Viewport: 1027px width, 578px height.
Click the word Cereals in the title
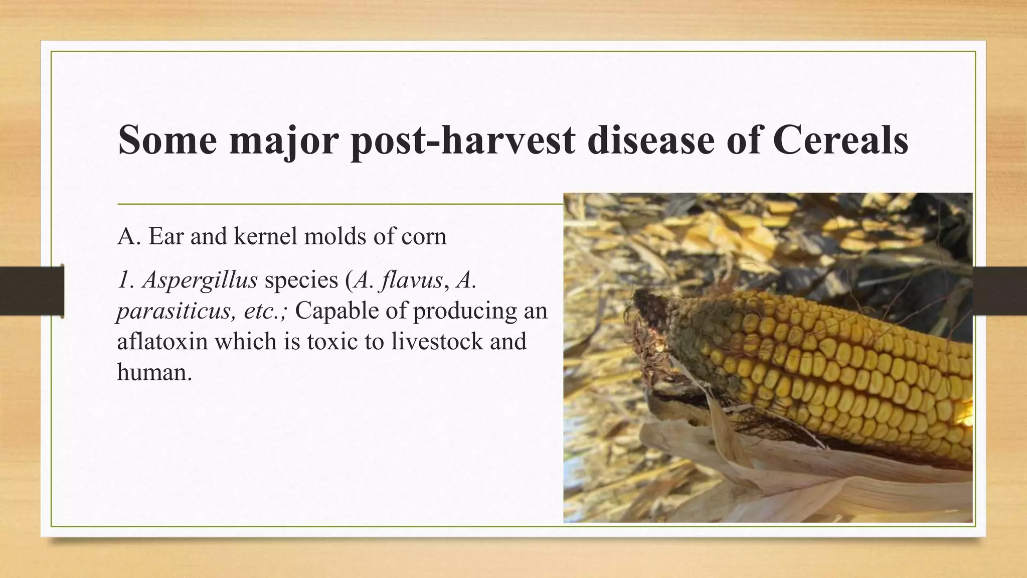click(840, 140)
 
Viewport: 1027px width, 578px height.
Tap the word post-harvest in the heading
click(462, 140)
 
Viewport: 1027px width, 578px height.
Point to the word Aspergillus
click(200, 280)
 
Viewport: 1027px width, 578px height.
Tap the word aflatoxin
click(162, 342)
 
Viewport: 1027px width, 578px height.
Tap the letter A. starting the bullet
click(129, 236)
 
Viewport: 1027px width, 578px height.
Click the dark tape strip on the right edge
click(1000, 291)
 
